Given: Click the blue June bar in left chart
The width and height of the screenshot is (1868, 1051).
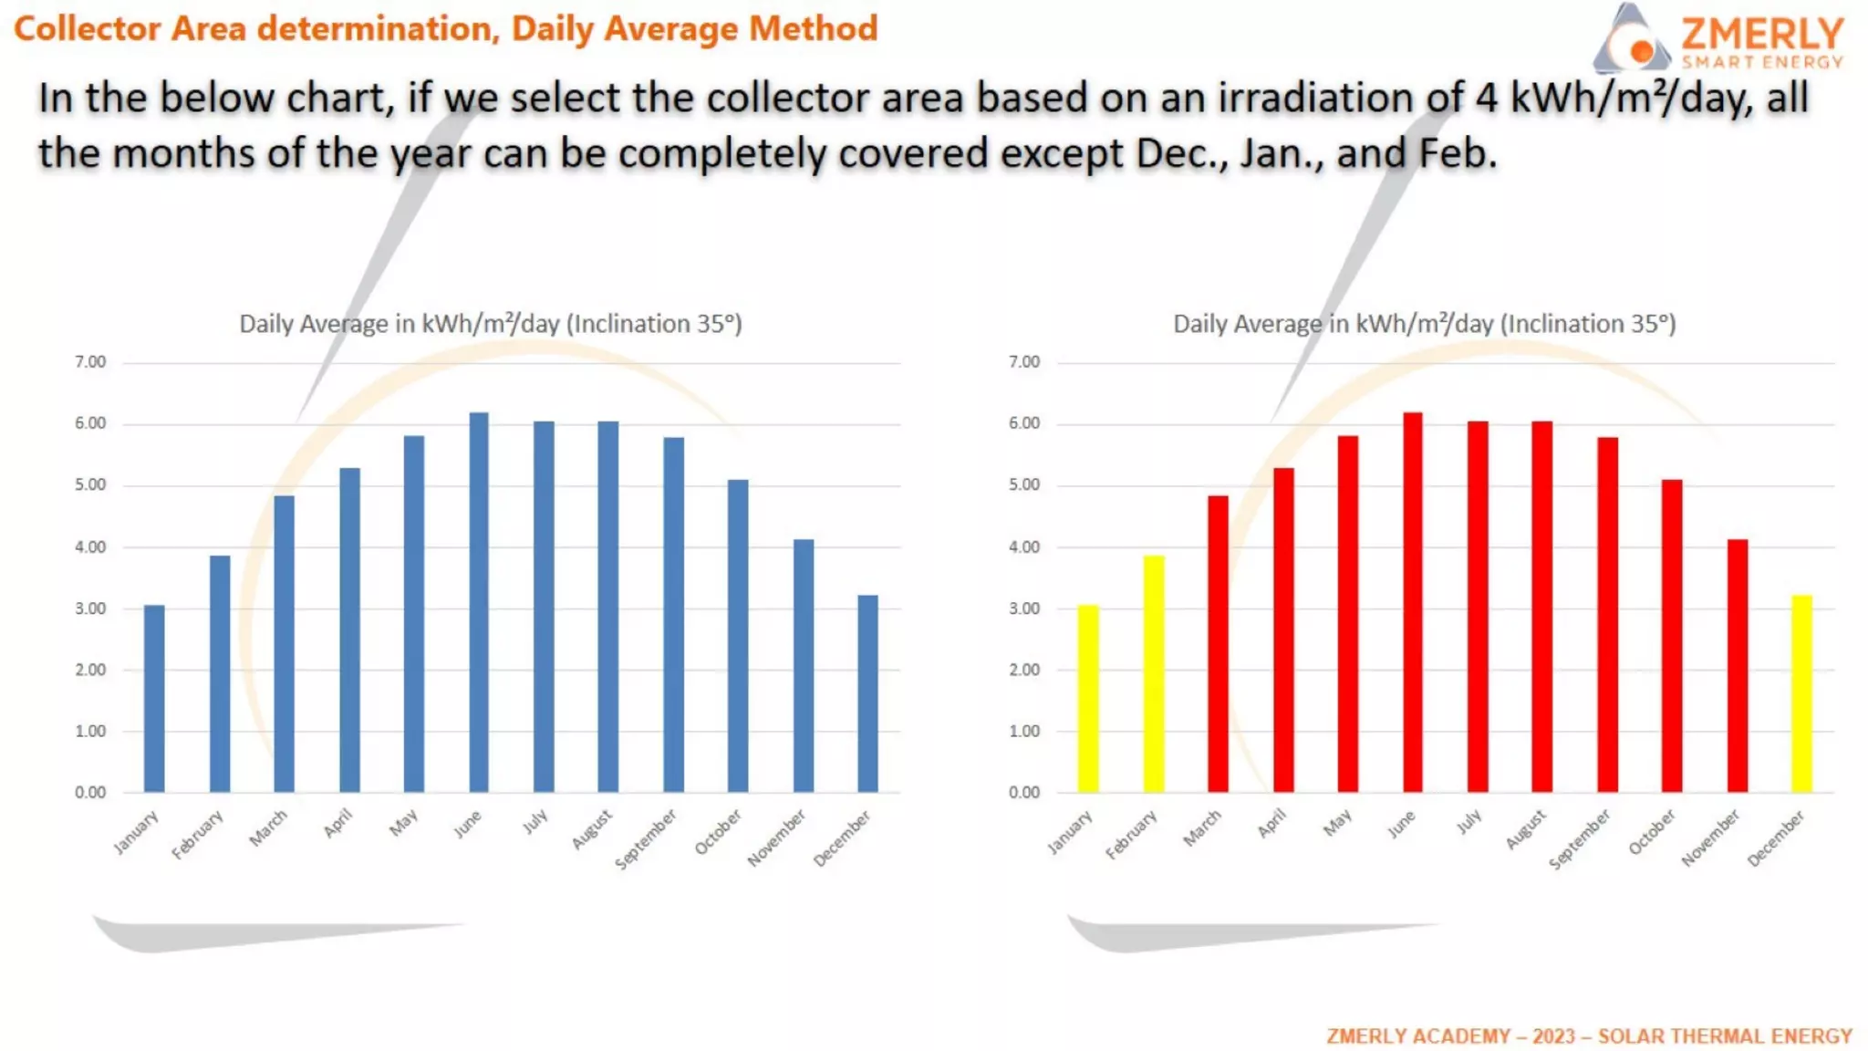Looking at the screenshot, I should (x=479, y=602).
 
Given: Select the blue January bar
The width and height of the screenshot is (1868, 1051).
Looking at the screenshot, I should (x=154, y=698).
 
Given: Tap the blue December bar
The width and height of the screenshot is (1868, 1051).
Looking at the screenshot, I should (x=867, y=693).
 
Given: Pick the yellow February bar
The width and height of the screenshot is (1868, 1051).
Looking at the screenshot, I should (x=1153, y=673).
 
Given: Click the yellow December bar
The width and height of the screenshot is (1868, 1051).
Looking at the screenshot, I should (x=1801, y=693).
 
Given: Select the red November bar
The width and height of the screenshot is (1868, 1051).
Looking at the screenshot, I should (x=1737, y=666).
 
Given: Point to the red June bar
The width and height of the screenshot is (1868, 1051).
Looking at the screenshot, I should (x=1412, y=602).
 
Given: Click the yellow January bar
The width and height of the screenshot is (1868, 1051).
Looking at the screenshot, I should (x=1087, y=698).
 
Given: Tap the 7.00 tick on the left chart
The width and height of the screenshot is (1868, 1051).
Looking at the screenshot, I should (x=90, y=362).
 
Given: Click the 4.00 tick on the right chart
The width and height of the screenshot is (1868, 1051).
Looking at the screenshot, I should (x=1023, y=546).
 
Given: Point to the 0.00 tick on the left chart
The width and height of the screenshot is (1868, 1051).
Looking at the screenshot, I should (x=90, y=792).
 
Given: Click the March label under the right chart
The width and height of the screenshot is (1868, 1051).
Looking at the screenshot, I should (x=1202, y=828).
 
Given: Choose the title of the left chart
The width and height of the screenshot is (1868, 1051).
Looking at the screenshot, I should (x=491, y=324).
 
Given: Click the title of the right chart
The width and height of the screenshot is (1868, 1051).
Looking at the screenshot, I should (x=1424, y=324).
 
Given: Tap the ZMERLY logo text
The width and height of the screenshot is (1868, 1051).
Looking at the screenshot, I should (x=1761, y=34).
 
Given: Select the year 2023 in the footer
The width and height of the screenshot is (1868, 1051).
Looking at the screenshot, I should (x=1553, y=1035).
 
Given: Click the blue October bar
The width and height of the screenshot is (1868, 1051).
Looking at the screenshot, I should (x=738, y=636).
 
